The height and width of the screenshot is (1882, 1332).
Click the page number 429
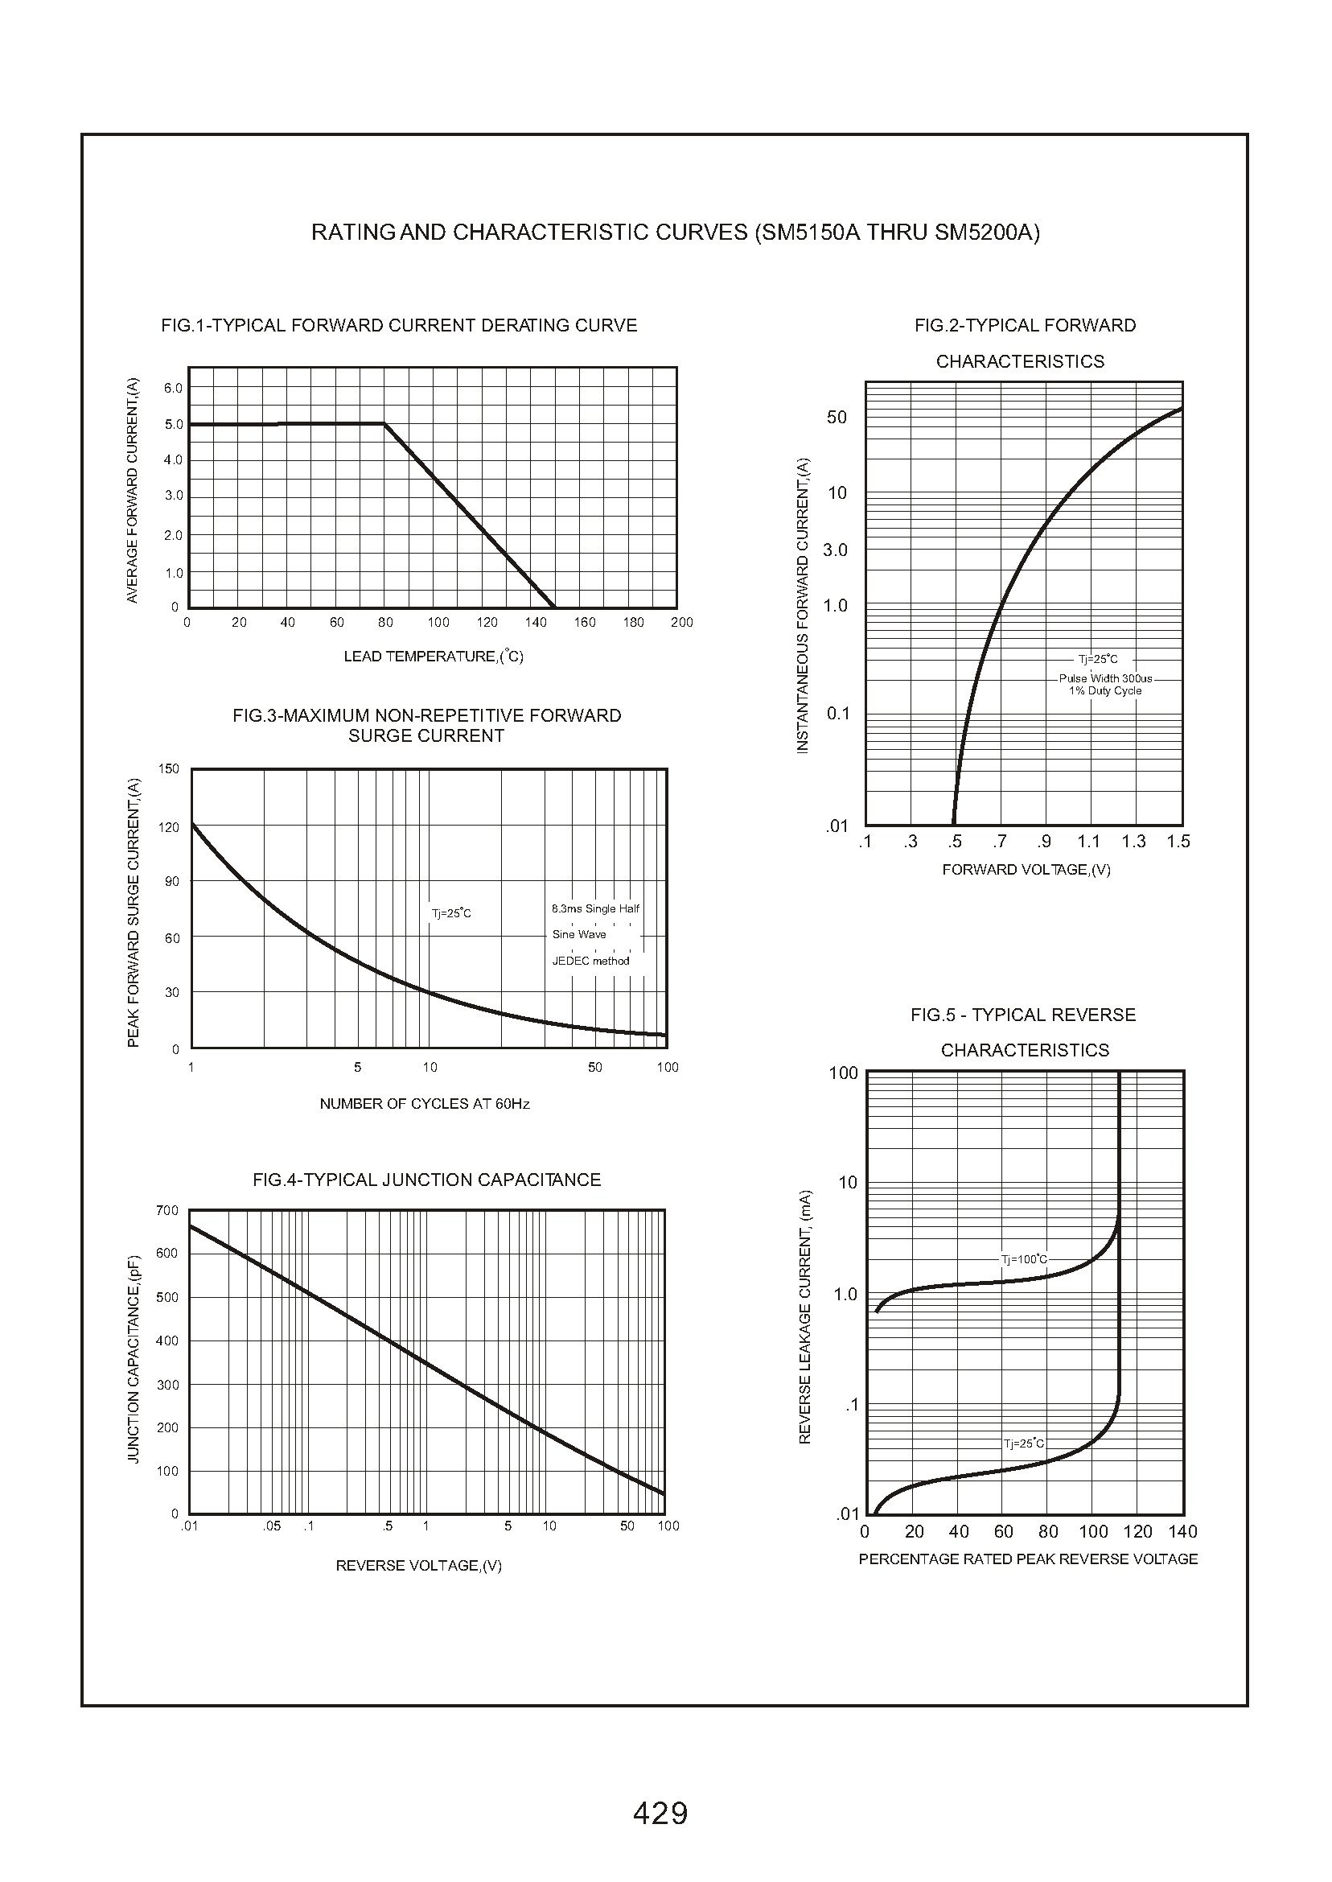pyautogui.click(x=660, y=1812)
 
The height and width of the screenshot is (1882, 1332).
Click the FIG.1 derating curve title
pyautogui.click(x=399, y=326)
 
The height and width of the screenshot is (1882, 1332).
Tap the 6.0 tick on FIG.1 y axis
pyautogui.click(x=173, y=388)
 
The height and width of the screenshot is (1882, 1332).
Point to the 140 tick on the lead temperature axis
pyautogui.click(x=536, y=623)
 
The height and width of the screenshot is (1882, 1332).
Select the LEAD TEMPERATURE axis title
pyautogui.click(x=433, y=657)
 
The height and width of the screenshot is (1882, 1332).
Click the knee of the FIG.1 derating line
pyautogui.click(x=384, y=423)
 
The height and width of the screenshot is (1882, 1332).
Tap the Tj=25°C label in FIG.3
pyautogui.click(x=451, y=913)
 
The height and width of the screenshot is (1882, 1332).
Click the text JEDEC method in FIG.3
pyautogui.click(x=590, y=961)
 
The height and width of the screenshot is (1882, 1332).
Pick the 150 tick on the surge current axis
pyautogui.click(x=168, y=769)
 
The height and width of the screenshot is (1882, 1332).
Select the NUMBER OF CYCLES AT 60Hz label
pyautogui.click(x=424, y=1104)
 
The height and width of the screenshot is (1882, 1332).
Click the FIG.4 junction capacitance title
pyautogui.click(x=426, y=1180)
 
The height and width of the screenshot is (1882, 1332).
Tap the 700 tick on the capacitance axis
pyautogui.click(x=166, y=1211)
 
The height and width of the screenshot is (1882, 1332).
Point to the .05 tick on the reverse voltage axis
pyautogui.click(x=272, y=1526)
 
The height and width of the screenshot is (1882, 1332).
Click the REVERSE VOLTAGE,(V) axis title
pyautogui.click(x=418, y=1565)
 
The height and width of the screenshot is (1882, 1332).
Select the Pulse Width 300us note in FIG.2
pyautogui.click(x=1105, y=678)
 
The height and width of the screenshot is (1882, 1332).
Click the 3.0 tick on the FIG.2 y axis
pyautogui.click(x=835, y=550)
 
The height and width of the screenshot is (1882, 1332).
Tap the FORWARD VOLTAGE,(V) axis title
pyautogui.click(x=1026, y=870)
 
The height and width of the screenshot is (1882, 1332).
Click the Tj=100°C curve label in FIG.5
pyautogui.click(x=1024, y=1259)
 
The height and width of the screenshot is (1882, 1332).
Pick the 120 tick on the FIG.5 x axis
pyautogui.click(x=1137, y=1533)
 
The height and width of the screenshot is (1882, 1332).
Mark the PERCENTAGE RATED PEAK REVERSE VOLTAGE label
pyautogui.click(x=1028, y=1559)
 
